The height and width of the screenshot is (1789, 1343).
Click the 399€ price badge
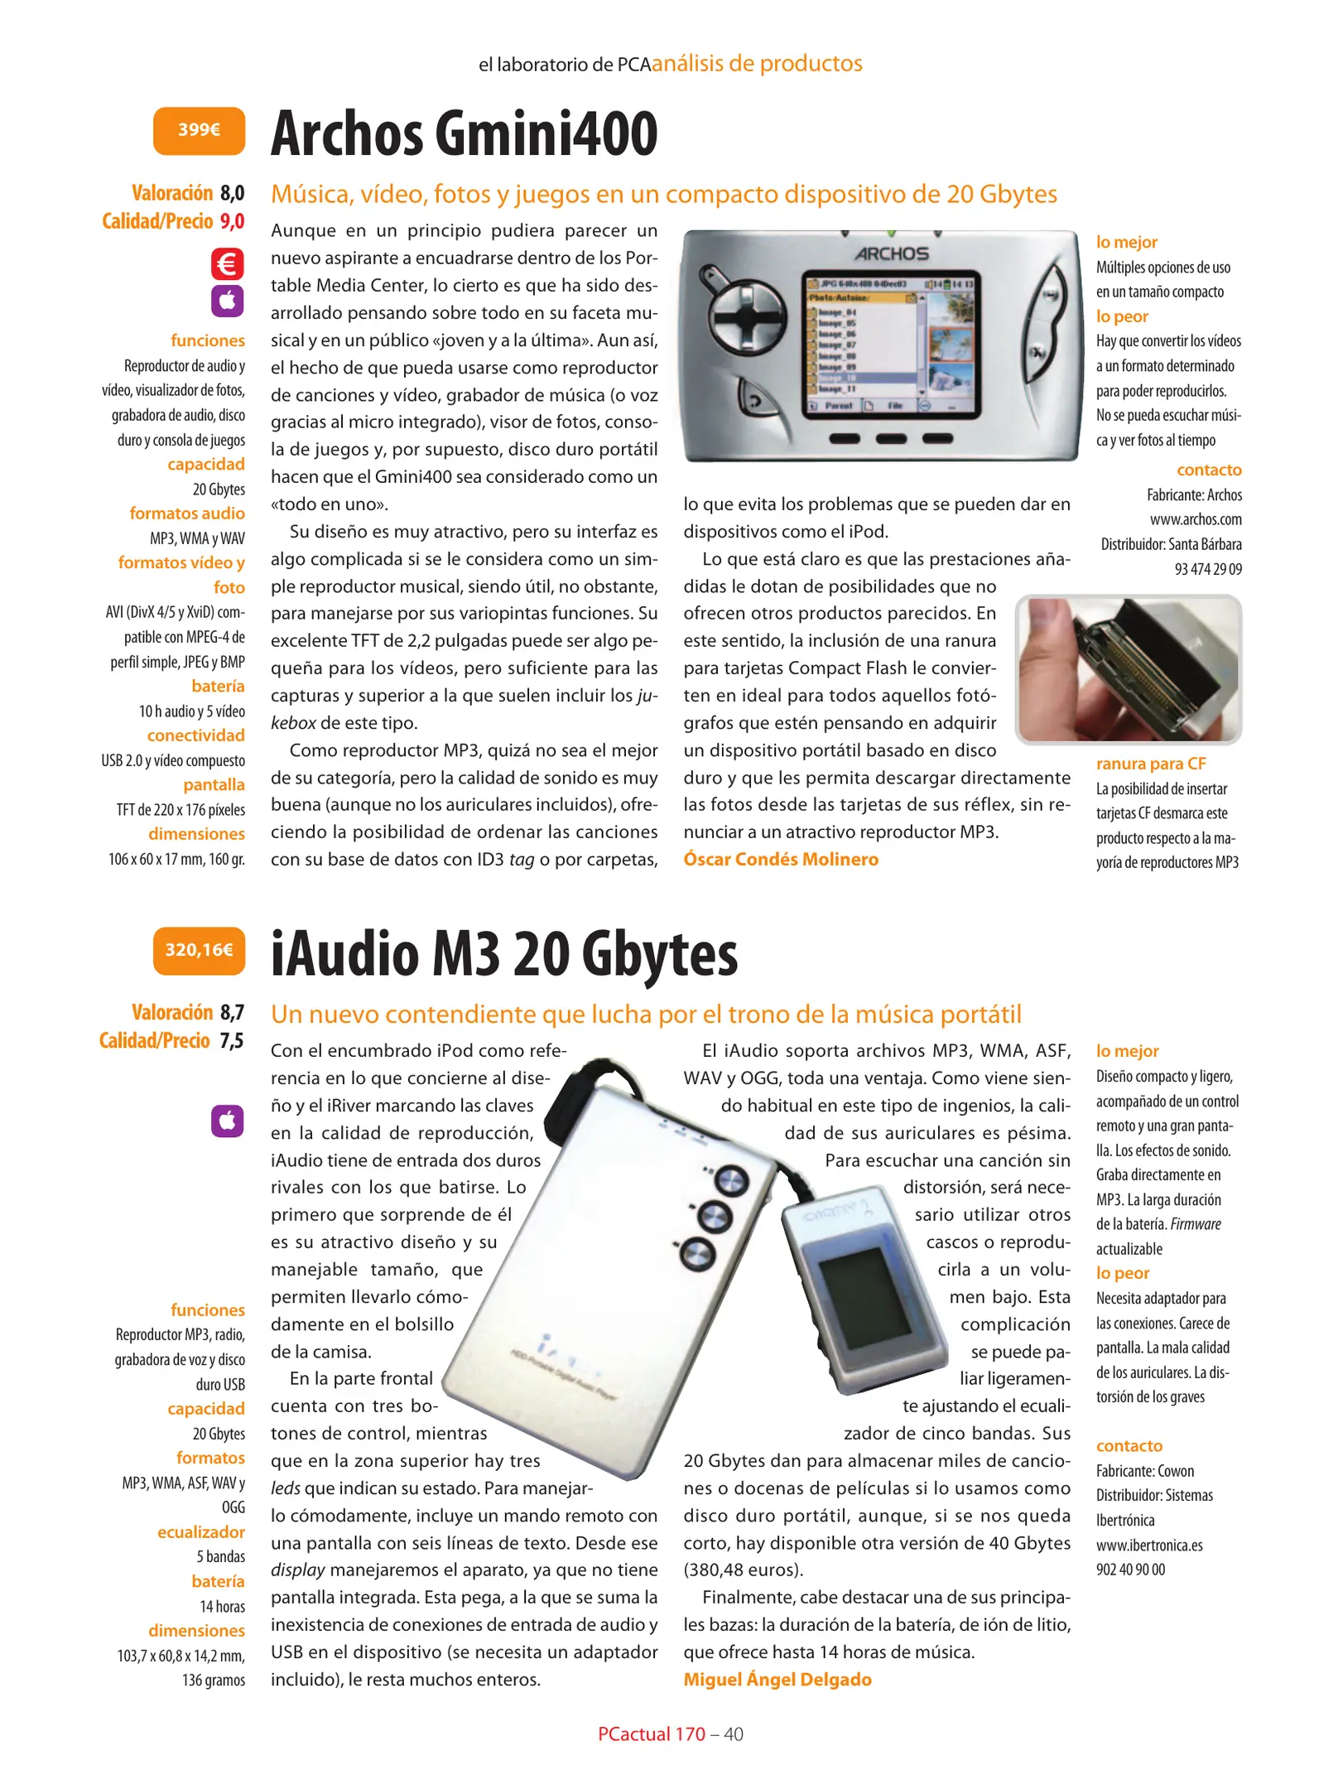click(199, 130)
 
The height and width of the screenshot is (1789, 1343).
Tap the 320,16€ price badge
click(199, 950)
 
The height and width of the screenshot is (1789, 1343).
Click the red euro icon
click(227, 264)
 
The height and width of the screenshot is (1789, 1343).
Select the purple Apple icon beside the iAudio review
click(227, 1121)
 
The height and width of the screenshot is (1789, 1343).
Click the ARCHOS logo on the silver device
click(892, 254)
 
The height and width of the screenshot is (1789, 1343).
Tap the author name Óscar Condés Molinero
click(780, 859)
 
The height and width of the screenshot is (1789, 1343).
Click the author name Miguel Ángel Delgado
click(777, 1679)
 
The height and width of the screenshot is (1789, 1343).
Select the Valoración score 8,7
click(232, 1012)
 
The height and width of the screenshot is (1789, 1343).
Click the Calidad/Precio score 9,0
click(232, 221)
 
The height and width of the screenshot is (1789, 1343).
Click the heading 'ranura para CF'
click(1150, 764)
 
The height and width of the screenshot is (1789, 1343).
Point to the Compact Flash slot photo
click(1128, 668)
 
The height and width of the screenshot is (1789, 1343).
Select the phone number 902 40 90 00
click(1130, 1570)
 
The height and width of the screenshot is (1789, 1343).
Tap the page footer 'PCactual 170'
click(651, 1734)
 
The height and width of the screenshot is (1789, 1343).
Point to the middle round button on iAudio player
click(714, 1216)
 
